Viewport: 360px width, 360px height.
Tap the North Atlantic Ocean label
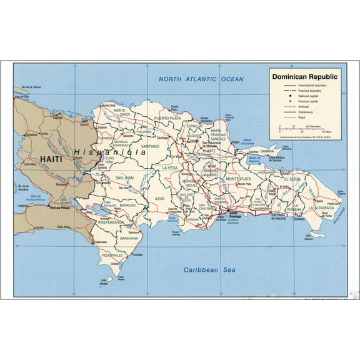pos(201,79)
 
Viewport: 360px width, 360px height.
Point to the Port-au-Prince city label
pos(61,208)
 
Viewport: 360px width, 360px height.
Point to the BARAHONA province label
pos(129,238)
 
